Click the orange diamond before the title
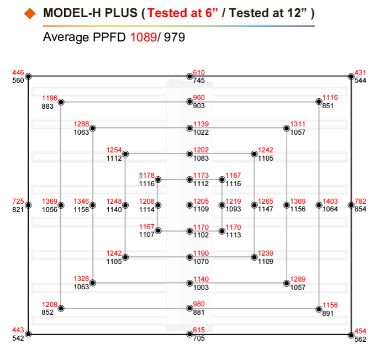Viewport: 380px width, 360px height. pos(30,13)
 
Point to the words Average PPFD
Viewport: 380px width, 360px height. pos(85,38)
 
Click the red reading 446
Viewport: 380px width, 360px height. pos(18,73)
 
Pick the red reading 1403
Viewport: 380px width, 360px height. pos(331,202)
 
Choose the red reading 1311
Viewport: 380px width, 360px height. pos(298,125)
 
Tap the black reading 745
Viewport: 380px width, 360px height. pos(199,81)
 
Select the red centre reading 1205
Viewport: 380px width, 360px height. pos(201,202)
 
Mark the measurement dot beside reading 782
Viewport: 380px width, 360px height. pos(351,205)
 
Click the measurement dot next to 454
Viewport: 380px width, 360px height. pos(351,334)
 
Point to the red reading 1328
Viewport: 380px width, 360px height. pos(82,279)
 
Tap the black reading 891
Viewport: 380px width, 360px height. pos(328,313)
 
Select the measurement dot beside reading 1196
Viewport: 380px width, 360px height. pos(61,102)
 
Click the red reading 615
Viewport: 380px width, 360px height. pos(199,331)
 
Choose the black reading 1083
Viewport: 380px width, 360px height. pos(201,158)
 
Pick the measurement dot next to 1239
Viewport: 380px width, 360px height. pos(255,257)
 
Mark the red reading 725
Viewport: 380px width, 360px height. pos(18,202)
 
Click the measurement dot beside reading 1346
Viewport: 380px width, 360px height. pos(93,205)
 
